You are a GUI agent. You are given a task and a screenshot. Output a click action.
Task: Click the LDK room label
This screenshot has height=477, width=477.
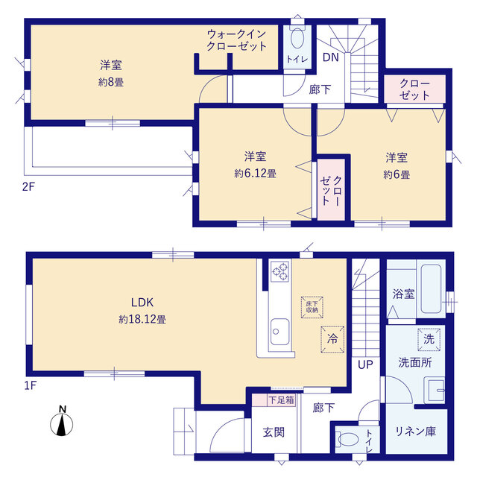pos(142,303)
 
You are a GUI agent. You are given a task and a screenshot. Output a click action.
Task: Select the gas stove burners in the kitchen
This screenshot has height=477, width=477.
pos(280,271)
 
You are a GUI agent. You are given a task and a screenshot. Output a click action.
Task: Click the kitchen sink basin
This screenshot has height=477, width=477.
pos(279,332)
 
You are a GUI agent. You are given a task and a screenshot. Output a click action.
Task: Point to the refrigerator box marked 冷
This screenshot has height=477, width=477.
pos(332,340)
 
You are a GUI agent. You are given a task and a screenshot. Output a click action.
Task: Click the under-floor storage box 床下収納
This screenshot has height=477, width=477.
pos(312,307)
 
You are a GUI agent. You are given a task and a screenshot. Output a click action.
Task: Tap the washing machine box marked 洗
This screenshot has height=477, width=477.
pos(429,340)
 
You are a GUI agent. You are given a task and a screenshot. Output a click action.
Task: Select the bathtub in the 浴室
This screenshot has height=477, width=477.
pos(431,288)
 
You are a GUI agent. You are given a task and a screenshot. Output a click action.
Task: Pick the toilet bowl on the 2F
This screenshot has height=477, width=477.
pos(297,37)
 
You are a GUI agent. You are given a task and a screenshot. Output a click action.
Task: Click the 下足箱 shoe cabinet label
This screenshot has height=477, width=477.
pos(282,399)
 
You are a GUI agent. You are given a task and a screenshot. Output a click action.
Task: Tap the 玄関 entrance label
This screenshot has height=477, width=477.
pos(274,432)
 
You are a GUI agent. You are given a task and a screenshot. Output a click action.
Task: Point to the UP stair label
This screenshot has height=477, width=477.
pos(365,364)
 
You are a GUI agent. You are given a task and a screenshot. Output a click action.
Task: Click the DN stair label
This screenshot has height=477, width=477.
pos(331,57)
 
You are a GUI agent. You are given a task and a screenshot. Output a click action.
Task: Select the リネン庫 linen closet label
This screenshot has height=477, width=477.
pos(416,432)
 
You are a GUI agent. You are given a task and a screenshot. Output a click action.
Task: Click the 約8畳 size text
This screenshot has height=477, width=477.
pos(111,82)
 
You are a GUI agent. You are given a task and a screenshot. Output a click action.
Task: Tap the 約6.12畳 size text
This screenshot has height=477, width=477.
pos(255,174)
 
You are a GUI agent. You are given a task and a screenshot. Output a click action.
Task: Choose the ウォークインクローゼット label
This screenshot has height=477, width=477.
pos(237,40)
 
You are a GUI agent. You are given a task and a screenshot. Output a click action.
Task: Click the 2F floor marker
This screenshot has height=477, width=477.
pos(28,186)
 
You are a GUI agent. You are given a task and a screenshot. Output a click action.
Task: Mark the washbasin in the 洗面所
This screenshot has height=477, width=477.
pos(435,390)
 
